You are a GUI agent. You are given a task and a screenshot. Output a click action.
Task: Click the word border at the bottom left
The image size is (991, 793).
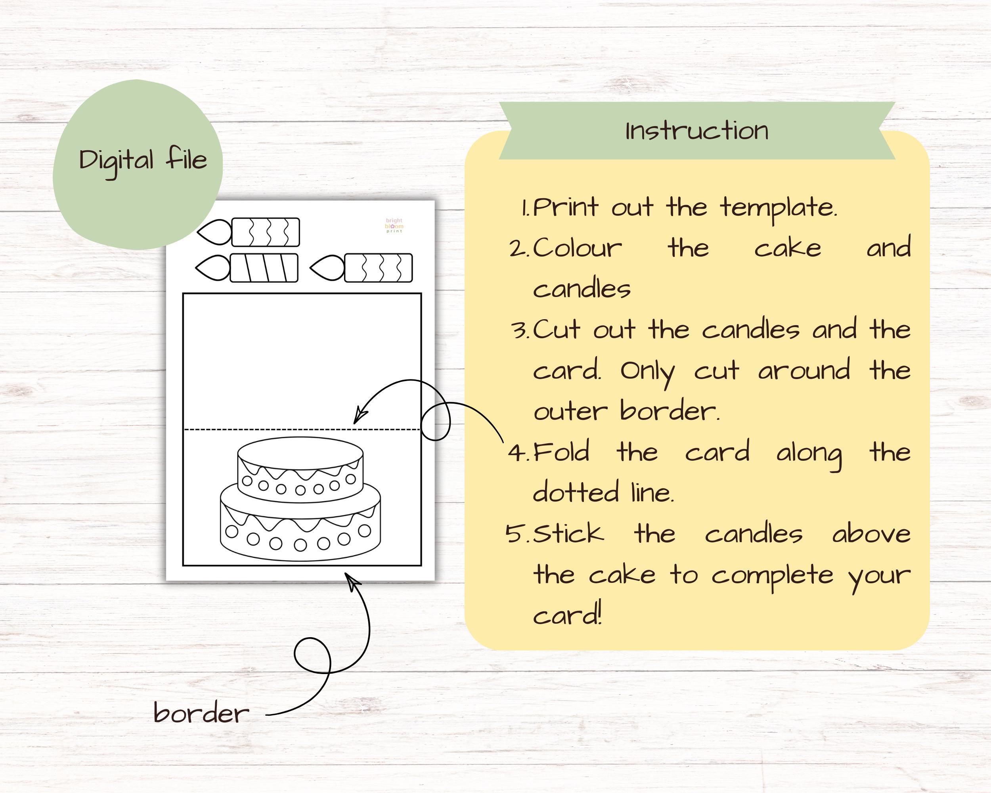(201, 713)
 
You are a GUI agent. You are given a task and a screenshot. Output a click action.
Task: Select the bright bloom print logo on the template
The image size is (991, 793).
(394, 226)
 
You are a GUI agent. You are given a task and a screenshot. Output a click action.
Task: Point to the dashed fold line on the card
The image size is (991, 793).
(276, 430)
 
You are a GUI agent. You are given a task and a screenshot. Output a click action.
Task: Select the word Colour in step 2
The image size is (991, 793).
(577, 248)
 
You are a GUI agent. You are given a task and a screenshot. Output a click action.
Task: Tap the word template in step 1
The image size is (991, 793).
(778, 208)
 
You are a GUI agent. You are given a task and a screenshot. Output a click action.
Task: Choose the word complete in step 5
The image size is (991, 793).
(772, 576)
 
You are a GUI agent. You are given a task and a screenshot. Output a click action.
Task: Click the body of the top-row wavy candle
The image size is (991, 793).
(266, 232)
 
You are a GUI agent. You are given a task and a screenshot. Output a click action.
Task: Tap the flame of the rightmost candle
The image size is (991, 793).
(327, 268)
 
